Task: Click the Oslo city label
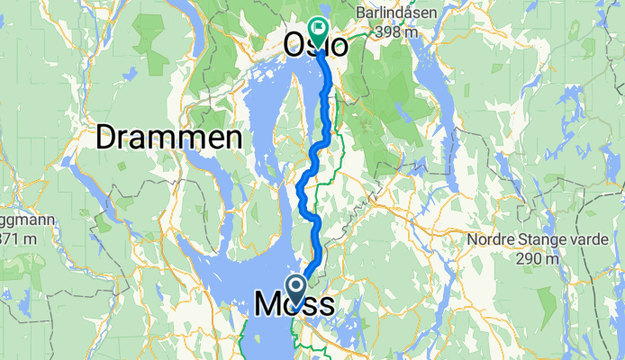315,46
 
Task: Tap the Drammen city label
169,138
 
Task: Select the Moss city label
294,304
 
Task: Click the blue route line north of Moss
316,243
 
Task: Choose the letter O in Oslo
296,46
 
